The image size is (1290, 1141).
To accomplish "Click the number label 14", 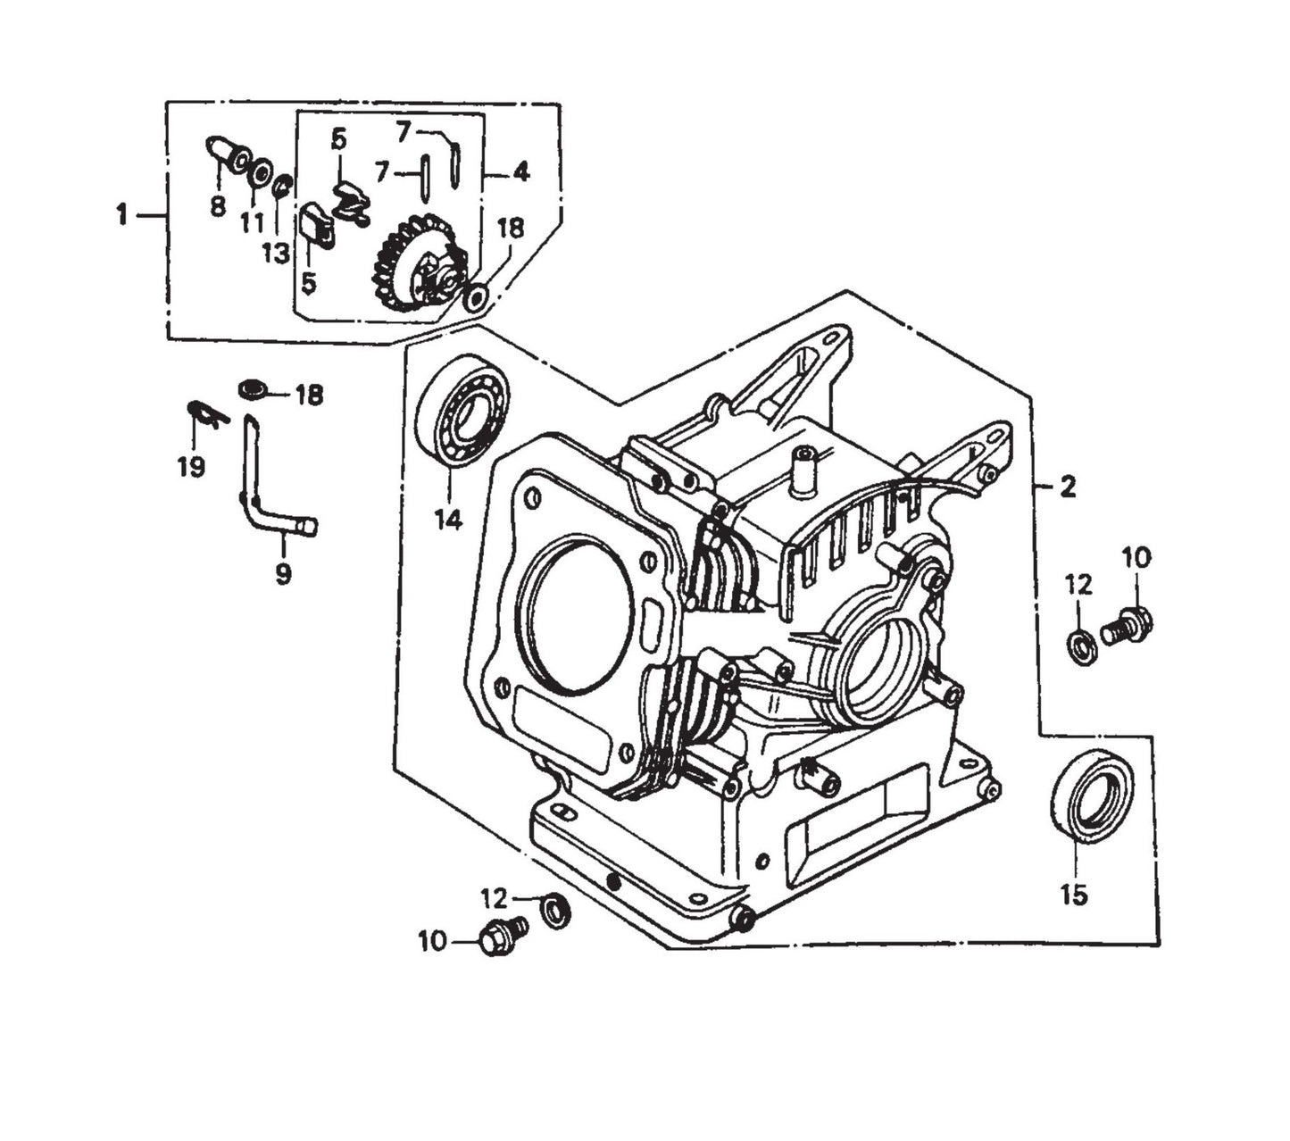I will click(x=448, y=519).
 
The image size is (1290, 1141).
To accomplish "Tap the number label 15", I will click(x=1074, y=895).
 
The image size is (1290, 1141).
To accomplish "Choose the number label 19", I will click(x=191, y=466).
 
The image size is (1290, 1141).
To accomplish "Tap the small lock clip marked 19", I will click(x=206, y=413).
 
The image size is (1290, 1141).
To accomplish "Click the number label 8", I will click(x=218, y=207).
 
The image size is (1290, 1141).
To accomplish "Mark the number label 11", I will click(x=252, y=222).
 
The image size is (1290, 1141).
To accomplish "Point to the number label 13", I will click(x=276, y=253).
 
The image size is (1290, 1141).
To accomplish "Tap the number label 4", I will click(x=520, y=171).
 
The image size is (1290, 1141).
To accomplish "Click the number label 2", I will click(x=1067, y=487).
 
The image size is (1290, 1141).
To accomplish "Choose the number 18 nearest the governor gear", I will click(x=510, y=228).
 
